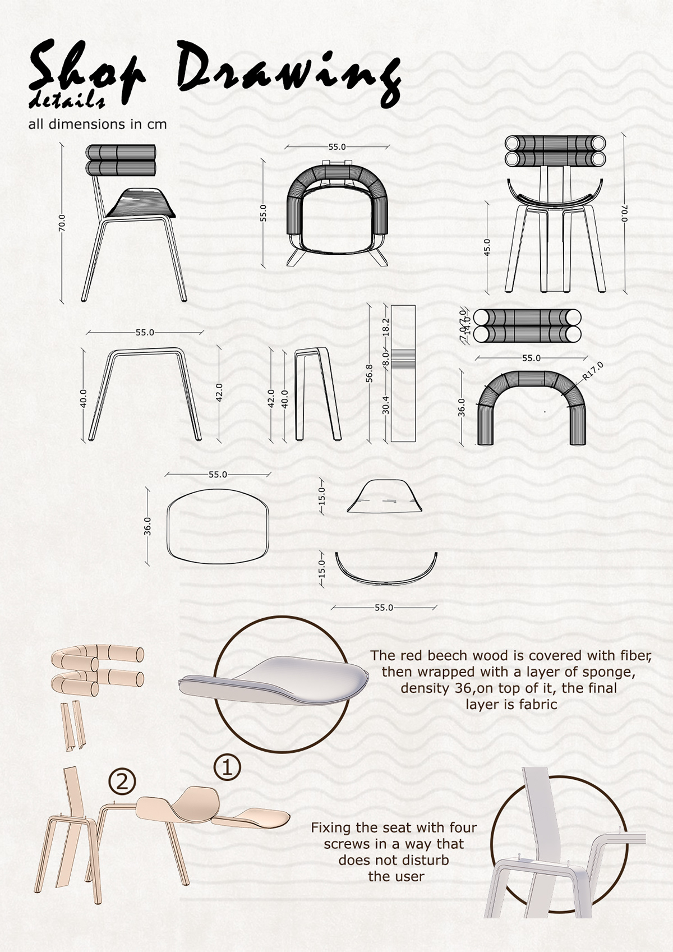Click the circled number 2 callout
click(x=122, y=781)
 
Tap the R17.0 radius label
click(x=592, y=371)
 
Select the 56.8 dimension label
click(x=368, y=373)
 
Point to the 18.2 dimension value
click(x=386, y=327)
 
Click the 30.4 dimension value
click(x=386, y=404)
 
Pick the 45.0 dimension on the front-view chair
click(x=487, y=247)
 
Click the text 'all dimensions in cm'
click(x=98, y=124)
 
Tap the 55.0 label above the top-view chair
click(x=337, y=147)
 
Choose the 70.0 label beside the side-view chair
click(x=62, y=223)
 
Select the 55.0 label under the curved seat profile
click(x=384, y=608)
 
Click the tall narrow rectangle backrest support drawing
click(x=403, y=373)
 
